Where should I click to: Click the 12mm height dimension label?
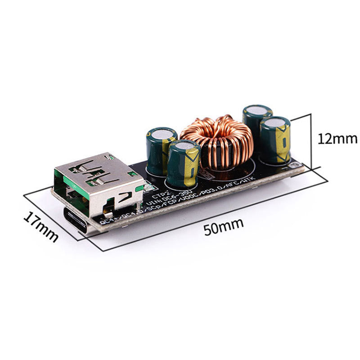click(x=337, y=138)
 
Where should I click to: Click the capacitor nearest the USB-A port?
click(x=184, y=164)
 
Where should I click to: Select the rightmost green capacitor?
click(x=274, y=139)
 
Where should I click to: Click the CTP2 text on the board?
click(x=159, y=196)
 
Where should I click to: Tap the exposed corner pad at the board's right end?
click(x=296, y=169)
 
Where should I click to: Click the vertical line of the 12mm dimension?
click(x=311, y=139)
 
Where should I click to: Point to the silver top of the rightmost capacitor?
click(x=275, y=122)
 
